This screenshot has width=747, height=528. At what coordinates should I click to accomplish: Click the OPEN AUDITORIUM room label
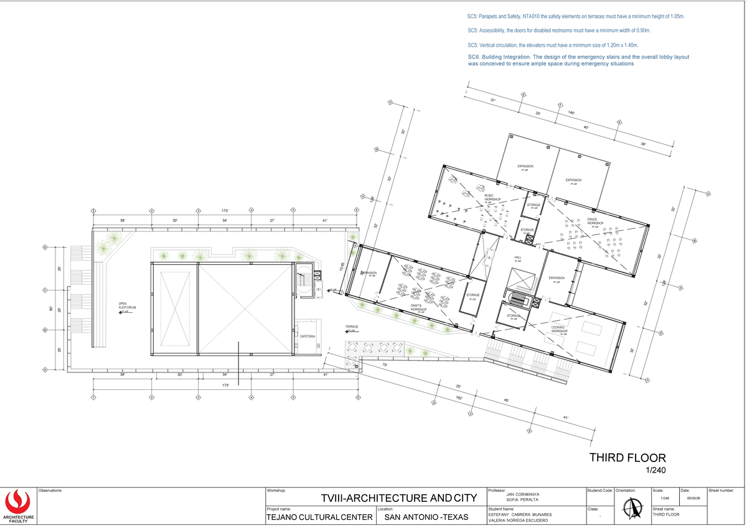(x=127, y=306)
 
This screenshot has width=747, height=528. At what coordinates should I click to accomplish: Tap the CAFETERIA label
(x=308, y=336)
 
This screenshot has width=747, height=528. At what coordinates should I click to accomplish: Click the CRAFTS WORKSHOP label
(x=418, y=307)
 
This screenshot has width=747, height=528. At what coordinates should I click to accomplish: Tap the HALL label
(x=517, y=257)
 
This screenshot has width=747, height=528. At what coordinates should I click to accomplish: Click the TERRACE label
(x=352, y=327)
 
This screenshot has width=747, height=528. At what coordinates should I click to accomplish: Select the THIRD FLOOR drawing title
(x=627, y=458)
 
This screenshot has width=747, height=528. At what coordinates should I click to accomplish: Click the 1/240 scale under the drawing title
(x=656, y=471)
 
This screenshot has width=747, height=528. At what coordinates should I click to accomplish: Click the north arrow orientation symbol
(x=631, y=507)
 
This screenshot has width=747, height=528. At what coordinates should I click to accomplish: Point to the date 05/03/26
(x=693, y=498)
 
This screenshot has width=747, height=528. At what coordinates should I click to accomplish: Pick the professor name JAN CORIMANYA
(x=524, y=494)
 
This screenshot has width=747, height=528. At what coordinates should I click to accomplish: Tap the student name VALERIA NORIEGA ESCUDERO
(x=519, y=521)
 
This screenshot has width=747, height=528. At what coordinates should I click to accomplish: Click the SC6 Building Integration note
(x=578, y=60)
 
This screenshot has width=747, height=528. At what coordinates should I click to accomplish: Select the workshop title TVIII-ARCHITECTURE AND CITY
(x=399, y=498)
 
